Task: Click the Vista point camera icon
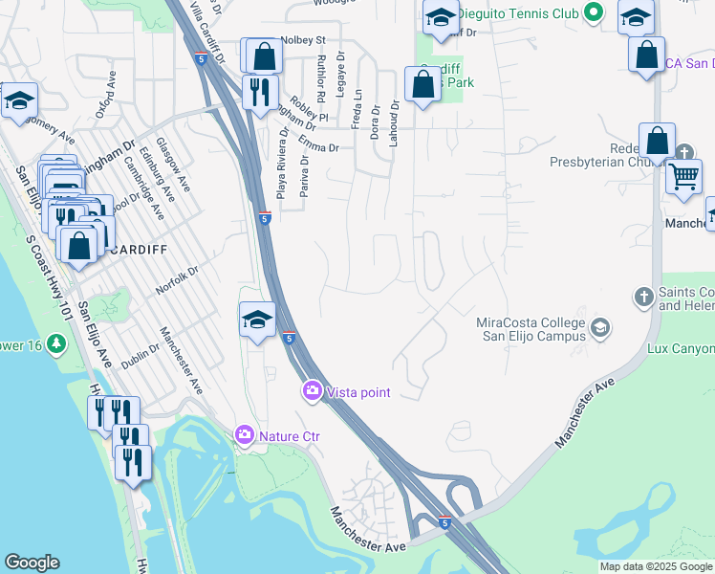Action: [313, 391]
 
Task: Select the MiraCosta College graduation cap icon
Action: [600, 329]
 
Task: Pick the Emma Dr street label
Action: [319, 147]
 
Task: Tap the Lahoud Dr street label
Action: [393, 126]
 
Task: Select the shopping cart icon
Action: [683, 177]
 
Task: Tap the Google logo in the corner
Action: [32, 563]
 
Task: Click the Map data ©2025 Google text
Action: [656, 566]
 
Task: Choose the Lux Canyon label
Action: [680, 349]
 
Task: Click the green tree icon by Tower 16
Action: [56, 342]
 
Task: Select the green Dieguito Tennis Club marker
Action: [594, 13]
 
